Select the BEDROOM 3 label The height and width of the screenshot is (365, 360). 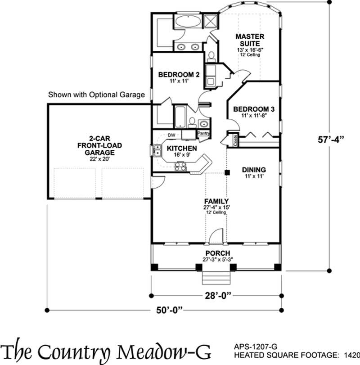(254, 109)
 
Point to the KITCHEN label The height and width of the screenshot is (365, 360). (182, 148)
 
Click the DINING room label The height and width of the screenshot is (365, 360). (254, 170)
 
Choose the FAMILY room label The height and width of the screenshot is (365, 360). (216, 201)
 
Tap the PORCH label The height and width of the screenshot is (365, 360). (217, 253)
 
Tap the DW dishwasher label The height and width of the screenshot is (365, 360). (171, 135)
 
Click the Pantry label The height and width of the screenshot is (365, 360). (204, 134)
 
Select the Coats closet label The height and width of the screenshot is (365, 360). (235, 140)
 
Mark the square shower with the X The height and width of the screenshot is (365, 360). (210, 21)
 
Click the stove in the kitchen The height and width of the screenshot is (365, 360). (180, 166)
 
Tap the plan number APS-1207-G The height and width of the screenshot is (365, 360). (256, 347)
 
